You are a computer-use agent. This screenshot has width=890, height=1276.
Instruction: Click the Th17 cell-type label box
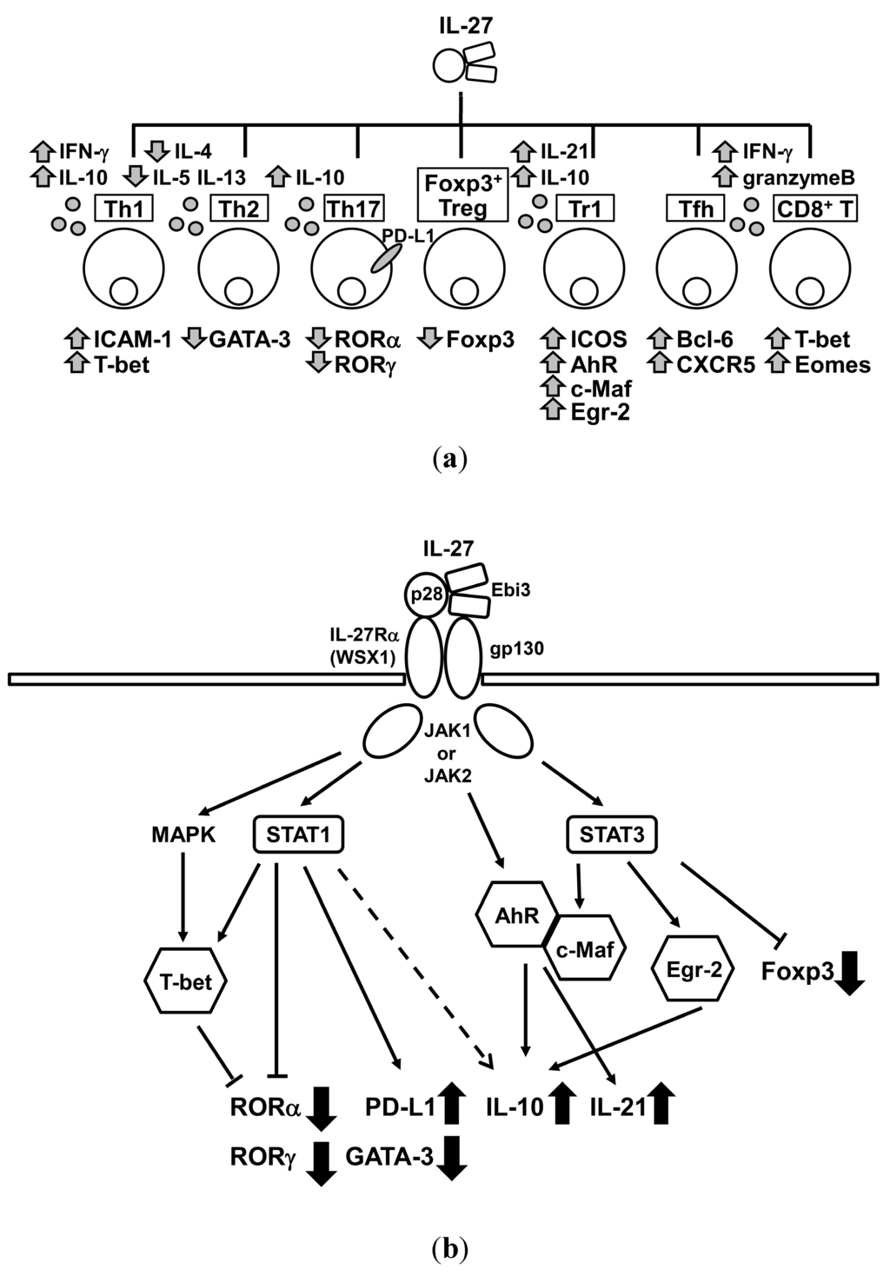click(x=354, y=209)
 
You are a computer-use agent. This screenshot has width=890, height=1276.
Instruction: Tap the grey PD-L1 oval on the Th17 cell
click(x=387, y=257)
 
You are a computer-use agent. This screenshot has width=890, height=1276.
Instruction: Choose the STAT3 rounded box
click(x=610, y=835)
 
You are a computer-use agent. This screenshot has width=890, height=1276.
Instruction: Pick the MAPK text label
click(x=183, y=835)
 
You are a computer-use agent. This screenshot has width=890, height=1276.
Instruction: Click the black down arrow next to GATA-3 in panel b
click(x=450, y=1158)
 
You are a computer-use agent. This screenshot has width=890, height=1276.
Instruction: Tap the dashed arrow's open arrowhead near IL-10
click(x=486, y=1060)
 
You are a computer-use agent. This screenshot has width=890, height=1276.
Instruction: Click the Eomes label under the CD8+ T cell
click(x=833, y=364)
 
